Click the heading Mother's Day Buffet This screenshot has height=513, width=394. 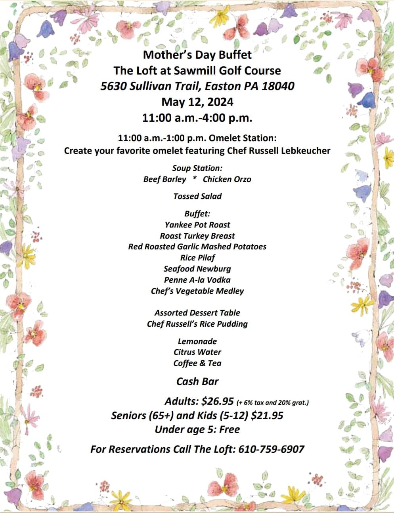click(x=197, y=54)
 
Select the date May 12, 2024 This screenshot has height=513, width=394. click(x=197, y=102)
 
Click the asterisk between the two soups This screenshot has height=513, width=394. click(x=194, y=179)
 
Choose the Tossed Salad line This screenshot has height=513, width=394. click(x=197, y=196)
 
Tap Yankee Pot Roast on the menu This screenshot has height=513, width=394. click(x=197, y=225)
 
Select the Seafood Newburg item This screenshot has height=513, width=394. click(x=197, y=269)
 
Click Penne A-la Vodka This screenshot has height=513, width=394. click(x=197, y=280)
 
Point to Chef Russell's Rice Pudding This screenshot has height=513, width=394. click(x=197, y=324)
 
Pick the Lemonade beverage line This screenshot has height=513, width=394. click(x=197, y=341)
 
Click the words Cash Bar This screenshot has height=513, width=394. click(x=197, y=381)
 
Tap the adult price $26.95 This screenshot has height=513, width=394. click(x=218, y=401)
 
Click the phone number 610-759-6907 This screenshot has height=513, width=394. click(x=272, y=449)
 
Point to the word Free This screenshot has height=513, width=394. click(x=230, y=429)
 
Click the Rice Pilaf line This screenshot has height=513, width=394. click(x=197, y=258)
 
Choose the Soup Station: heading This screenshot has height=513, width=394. click(x=197, y=168)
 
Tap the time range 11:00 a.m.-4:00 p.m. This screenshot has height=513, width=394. click(x=197, y=118)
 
